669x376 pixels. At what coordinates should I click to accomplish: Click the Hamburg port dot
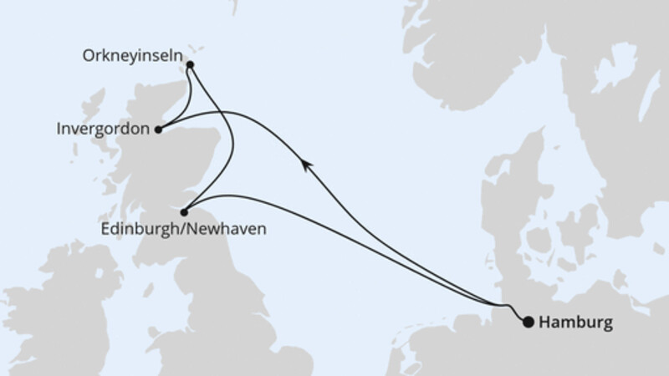[x=528, y=322]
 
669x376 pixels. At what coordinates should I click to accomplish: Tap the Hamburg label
[x=576, y=322]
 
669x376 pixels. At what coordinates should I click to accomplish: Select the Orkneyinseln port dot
[x=190, y=64]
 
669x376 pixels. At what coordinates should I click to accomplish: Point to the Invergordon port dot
[x=158, y=130]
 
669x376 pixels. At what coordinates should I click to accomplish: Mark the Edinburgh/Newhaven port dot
[x=184, y=212]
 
